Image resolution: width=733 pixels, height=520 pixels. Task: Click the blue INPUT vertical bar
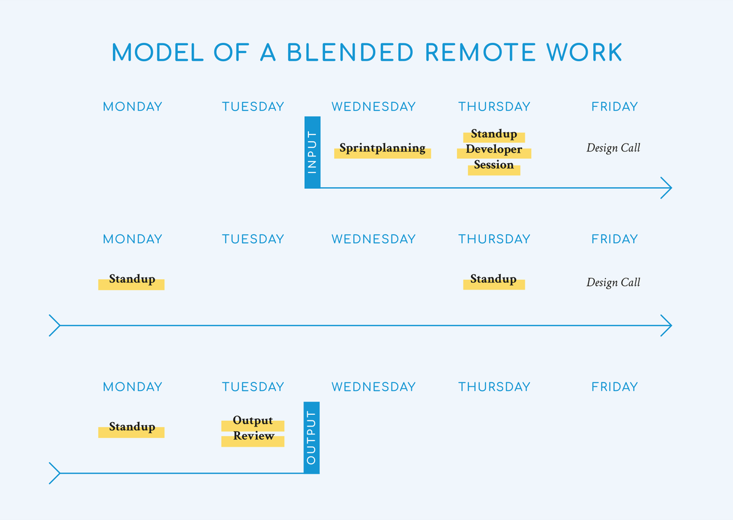click(312, 152)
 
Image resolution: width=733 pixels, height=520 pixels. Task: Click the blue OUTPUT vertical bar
click(312, 438)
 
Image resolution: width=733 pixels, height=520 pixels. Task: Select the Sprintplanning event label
click(382, 148)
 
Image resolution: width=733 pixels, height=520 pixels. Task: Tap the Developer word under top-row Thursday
click(494, 150)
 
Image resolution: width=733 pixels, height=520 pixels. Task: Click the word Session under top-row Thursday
click(494, 165)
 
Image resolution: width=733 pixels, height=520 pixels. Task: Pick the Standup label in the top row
click(494, 134)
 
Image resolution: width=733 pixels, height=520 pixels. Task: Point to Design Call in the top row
click(613, 148)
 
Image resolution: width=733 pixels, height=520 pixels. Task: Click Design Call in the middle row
click(613, 282)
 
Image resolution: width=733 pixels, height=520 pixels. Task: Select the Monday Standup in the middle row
click(132, 280)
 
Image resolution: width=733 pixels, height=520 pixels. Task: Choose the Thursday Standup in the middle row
click(494, 280)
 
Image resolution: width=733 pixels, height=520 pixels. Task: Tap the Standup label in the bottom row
click(132, 428)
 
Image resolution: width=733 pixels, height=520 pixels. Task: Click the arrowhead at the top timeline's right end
click(667, 188)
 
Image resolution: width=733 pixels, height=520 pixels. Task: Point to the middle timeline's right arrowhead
click(667, 326)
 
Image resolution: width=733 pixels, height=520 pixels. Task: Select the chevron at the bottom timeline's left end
click(54, 473)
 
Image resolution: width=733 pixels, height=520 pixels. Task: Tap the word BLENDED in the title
click(351, 53)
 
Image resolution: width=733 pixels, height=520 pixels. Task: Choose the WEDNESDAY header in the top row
click(373, 107)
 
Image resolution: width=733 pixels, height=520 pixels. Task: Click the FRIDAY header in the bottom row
click(614, 387)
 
